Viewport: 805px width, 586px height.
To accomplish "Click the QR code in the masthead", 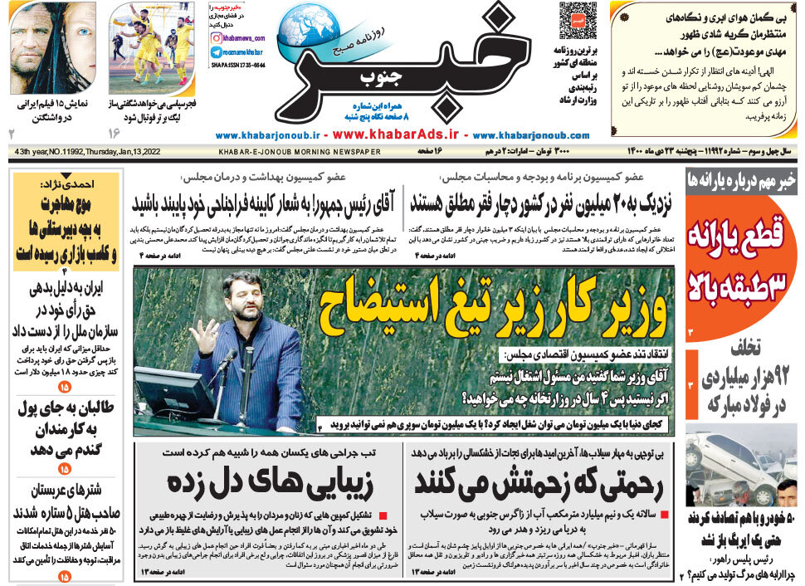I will [577, 21].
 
